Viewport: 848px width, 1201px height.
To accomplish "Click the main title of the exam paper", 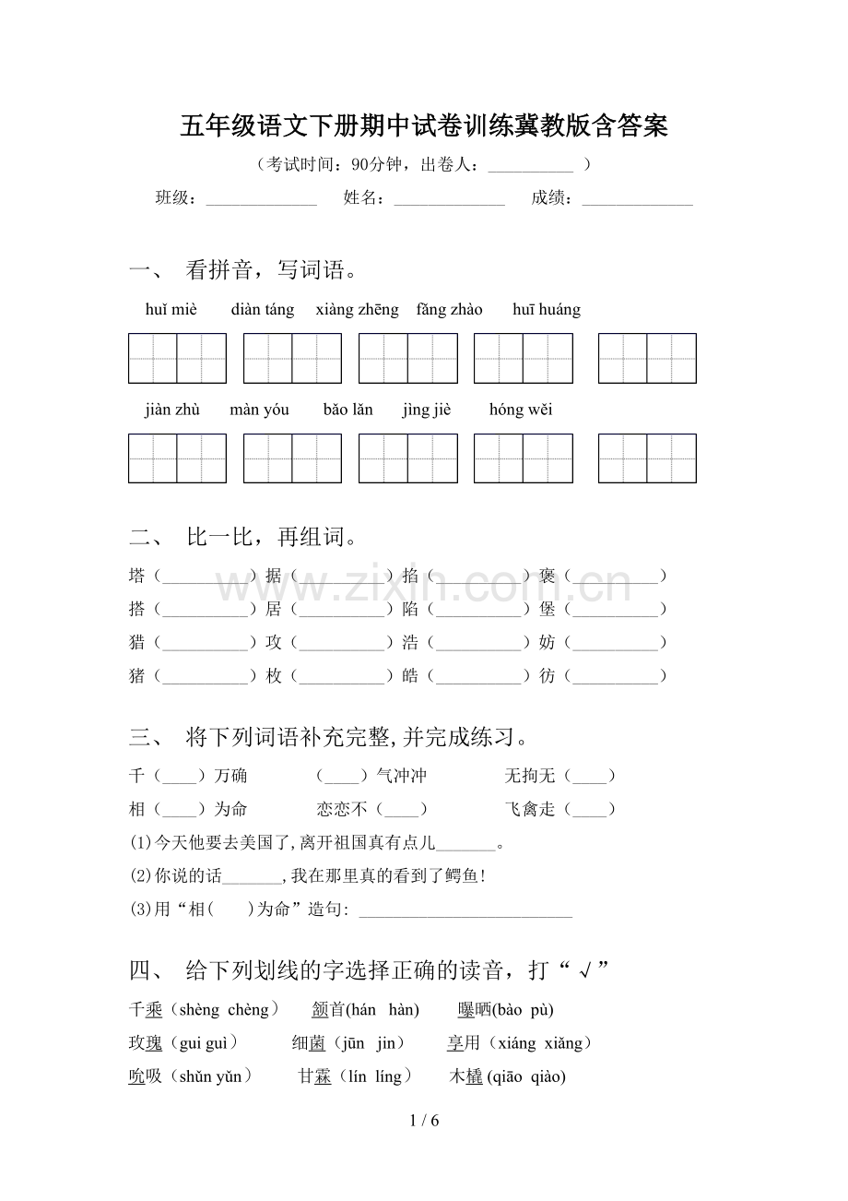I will (x=424, y=126).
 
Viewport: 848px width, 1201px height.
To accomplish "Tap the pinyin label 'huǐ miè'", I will (x=171, y=310).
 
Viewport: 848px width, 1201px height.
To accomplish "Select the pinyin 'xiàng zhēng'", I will (x=357, y=310).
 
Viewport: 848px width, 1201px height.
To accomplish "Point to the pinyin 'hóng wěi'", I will (x=521, y=410).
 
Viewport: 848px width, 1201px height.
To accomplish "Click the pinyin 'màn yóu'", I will (x=259, y=410).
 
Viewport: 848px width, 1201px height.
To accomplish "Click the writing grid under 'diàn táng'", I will (x=292, y=358).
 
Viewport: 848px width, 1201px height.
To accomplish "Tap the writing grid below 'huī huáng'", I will (x=647, y=358).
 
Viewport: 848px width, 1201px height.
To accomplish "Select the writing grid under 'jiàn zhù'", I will (x=177, y=458).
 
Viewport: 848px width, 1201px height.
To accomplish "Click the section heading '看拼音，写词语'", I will (x=272, y=270).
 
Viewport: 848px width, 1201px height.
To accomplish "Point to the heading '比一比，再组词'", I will (x=272, y=537).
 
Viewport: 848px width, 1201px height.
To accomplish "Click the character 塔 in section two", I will (x=137, y=576).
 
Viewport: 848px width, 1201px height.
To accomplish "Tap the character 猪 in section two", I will (x=137, y=676).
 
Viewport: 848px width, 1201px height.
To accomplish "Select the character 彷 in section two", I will (x=548, y=676).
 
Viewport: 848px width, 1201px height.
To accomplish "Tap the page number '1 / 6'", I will (x=423, y=1122).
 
